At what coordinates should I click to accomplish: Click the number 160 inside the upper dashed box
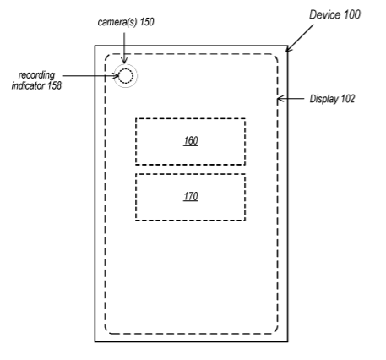[191, 140]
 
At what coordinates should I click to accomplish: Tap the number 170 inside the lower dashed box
[191, 196]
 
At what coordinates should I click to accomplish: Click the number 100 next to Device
[351, 14]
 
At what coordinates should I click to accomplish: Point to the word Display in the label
[323, 99]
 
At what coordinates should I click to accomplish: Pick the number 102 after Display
[348, 99]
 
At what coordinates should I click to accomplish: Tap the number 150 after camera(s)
[147, 22]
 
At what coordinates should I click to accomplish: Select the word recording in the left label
[36, 75]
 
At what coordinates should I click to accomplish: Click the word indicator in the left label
[28, 85]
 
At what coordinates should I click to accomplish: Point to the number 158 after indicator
[54, 85]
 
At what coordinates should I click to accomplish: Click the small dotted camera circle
[125, 76]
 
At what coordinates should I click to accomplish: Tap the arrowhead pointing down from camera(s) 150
[124, 61]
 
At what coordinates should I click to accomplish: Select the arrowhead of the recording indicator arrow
[116, 76]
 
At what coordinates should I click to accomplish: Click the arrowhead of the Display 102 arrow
[280, 99]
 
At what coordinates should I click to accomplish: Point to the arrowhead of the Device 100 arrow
[289, 48]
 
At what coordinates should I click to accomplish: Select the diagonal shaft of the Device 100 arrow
[300, 38]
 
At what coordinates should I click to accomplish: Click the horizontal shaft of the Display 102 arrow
[291, 99]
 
